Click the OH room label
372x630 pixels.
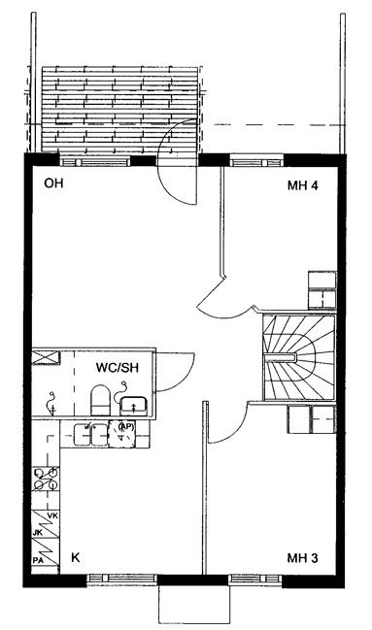(x=53, y=183)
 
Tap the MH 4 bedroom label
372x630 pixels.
(x=303, y=185)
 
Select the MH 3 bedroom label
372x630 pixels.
(x=302, y=557)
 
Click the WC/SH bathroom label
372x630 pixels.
(x=118, y=367)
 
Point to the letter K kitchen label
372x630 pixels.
(x=75, y=557)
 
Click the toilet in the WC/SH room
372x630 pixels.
(x=101, y=400)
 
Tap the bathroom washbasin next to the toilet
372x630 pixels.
(x=134, y=406)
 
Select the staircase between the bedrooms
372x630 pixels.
(x=299, y=357)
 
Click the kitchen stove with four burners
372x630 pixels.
(x=46, y=479)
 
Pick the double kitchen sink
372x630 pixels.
(x=91, y=434)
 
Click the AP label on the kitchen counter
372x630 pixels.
(x=126, y=427)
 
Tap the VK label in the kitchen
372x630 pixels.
(x=52, y=515)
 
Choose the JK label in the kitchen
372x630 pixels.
(x=38, y=533)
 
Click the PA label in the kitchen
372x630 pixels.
(x=38, y=559)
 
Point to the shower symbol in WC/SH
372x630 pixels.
(x=51, y=403)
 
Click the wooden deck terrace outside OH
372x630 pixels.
(x=120, y=110)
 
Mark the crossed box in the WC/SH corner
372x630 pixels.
(x=46, y=357)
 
